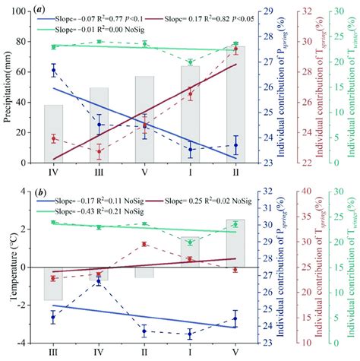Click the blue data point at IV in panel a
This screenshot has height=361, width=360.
(53, 70)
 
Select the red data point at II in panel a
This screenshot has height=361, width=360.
(235, 49)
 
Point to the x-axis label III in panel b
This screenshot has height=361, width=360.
(53, 353)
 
